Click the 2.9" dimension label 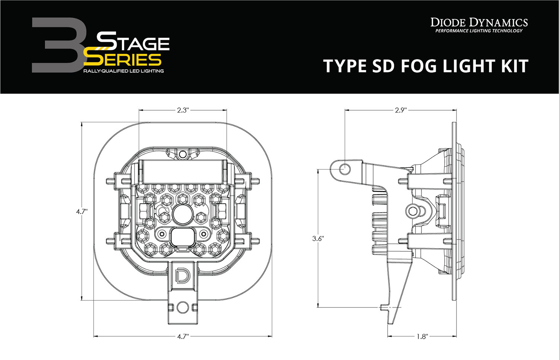tap(401, 110)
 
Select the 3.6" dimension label tap(318, 239)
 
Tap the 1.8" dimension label tap(421, 337)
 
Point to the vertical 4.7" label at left tap(82, 211)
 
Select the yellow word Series tap(122, 60)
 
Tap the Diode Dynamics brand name tap(479, 22)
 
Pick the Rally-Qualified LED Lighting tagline tap(123, 71)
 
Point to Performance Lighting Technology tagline tap(479, 31)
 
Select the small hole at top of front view tap(182, 154)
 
